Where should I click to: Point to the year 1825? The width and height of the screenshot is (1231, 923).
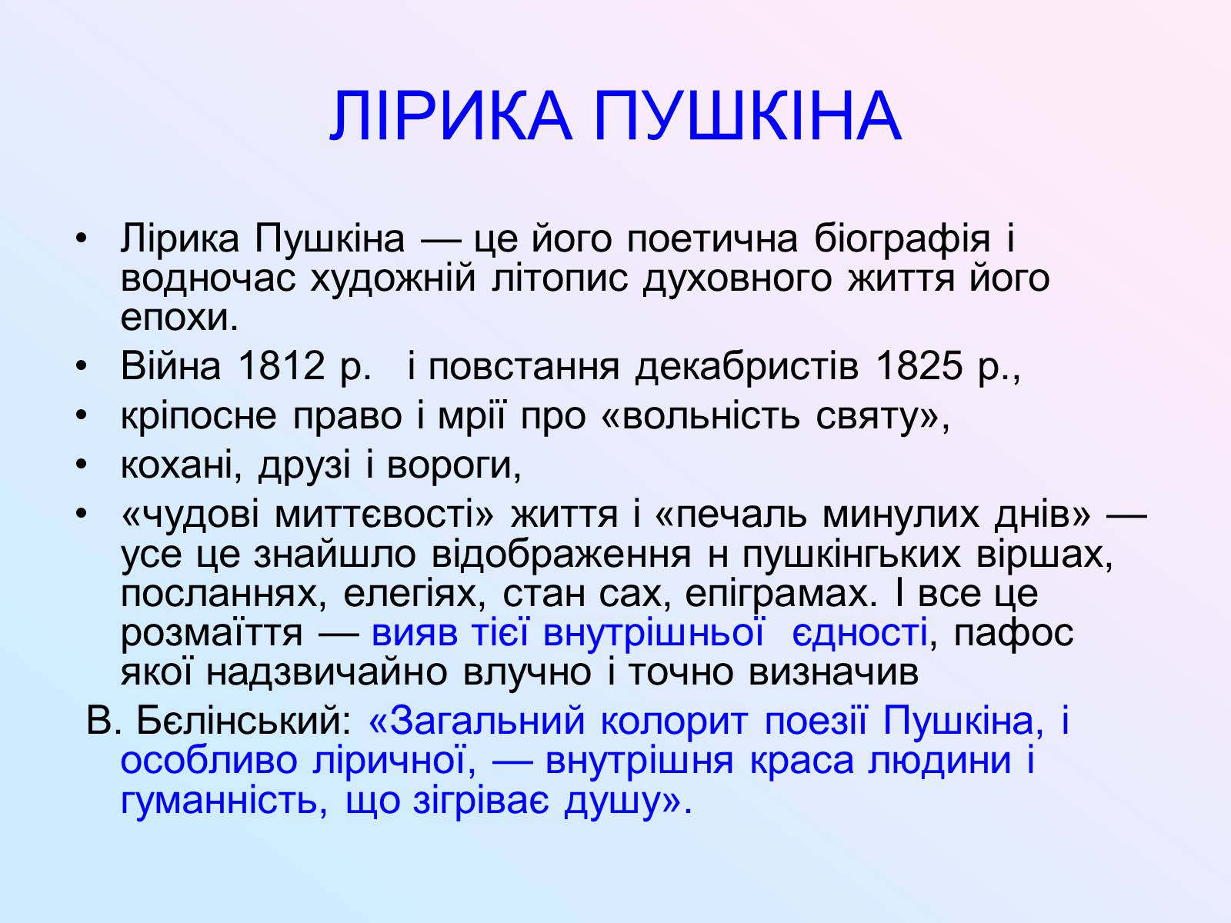pos(919,366)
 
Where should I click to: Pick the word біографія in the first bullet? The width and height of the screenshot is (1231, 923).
pos(902,239)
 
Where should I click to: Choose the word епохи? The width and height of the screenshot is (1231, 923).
pos(179,318)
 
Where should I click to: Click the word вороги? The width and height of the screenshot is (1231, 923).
pos(454,467)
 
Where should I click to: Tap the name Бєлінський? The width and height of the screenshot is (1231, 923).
pos(244,721)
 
